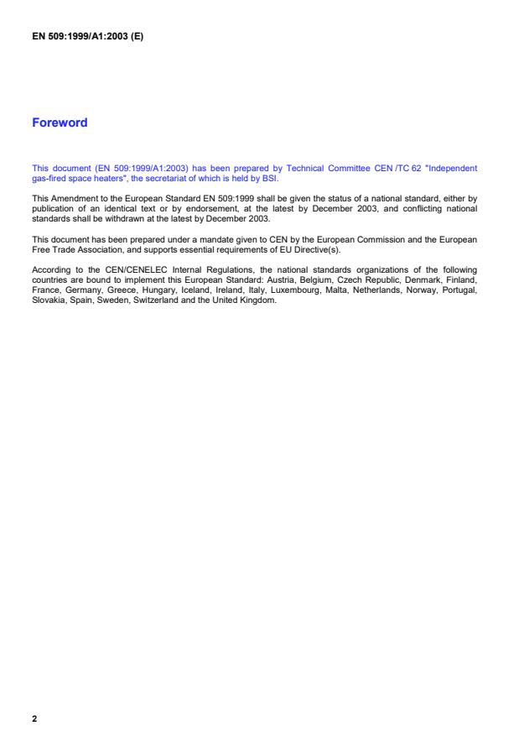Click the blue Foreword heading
[60, 123]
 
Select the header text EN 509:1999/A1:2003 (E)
[88, 36]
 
